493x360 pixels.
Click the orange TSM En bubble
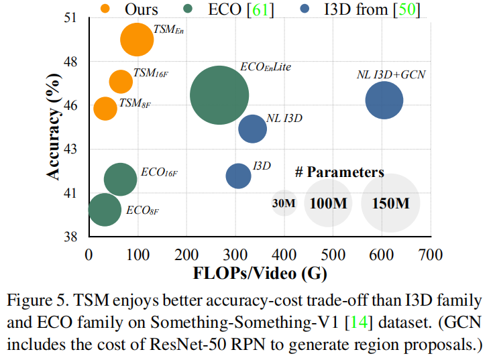tap(138, 40)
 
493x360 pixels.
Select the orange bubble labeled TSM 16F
tap(121, 81)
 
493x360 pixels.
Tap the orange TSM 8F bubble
tap(105, 107)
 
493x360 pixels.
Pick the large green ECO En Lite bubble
tap(219, 95)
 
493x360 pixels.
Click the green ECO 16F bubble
tap(121, 178)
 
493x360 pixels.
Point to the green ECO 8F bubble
tap(105, 210)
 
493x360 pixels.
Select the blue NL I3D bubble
tap(253, 129)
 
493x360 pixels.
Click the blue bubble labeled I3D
tap(238, 176)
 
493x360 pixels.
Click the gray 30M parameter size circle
tap(284, 203)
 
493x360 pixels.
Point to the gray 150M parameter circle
tap(390, 203)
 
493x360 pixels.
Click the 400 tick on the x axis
tap(284, 255)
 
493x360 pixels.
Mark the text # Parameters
tap(339, 172)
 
